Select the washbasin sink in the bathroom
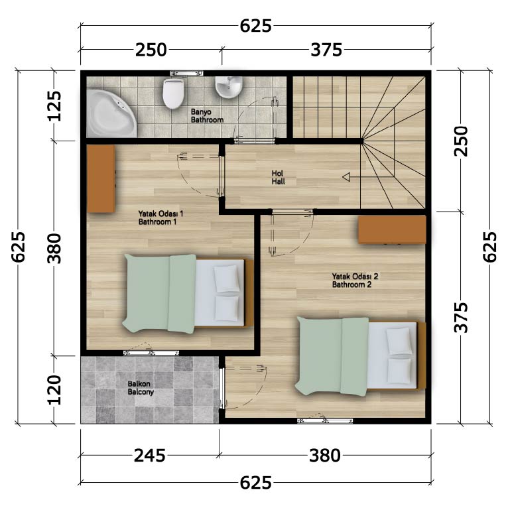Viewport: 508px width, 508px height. point(229,87)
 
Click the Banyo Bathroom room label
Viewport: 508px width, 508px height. point(207,115)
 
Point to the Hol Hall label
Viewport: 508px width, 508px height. point(279,177)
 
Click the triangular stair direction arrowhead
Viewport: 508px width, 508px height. point(346,177)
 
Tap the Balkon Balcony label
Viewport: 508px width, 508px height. point(141,388)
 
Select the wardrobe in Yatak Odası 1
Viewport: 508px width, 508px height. point(101,178)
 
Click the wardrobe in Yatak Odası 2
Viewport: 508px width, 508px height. point(392,229)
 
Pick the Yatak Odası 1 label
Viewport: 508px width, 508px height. point(160,218)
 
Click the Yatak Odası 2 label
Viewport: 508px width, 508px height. point(355,281)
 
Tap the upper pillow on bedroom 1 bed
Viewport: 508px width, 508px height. point(227,279)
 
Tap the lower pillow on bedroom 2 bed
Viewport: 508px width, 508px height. point(399,371)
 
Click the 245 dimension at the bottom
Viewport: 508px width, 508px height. point(150,456)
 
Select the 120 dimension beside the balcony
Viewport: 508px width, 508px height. point(54,390)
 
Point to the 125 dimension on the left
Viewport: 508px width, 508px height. point(54,106)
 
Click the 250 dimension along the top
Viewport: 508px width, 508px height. point(151,50)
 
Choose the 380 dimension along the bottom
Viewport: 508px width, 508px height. point(325,456)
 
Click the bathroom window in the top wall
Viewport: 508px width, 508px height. point(187,73)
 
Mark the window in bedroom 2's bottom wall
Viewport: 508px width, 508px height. point(325,421)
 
